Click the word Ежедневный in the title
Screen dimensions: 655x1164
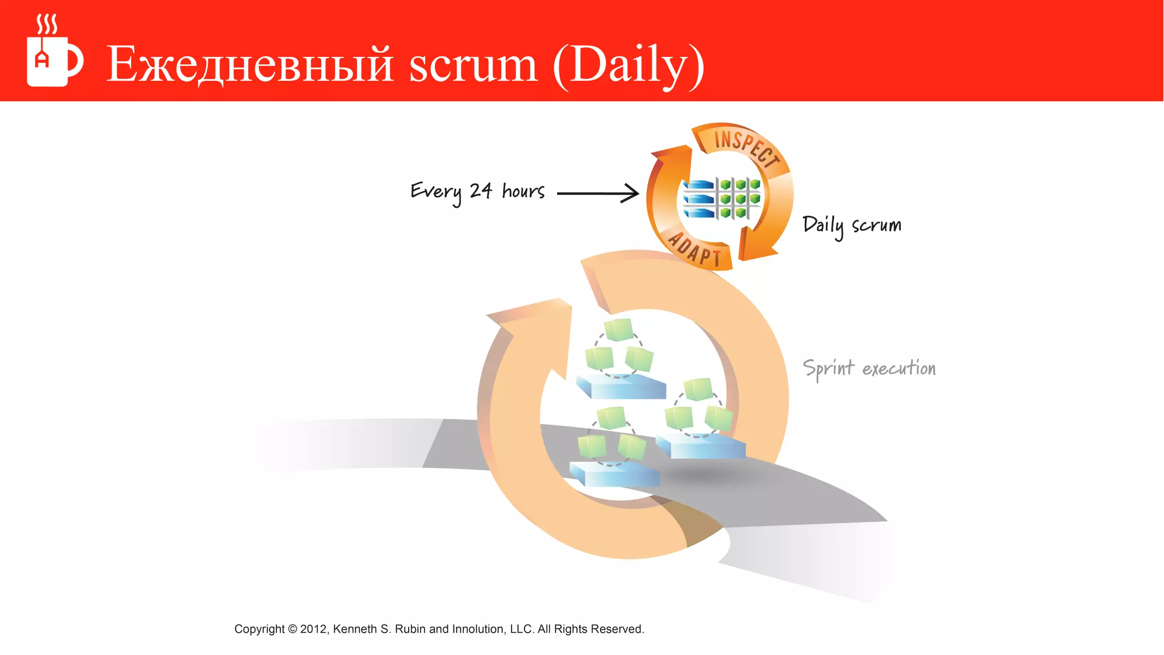point(250,64)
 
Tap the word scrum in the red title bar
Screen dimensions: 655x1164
point(473,64)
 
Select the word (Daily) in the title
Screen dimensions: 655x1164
point(629,65)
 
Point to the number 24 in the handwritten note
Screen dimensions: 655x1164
point(481,191)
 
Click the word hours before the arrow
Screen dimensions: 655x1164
point(523,191)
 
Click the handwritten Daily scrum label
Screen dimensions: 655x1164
point(851,226)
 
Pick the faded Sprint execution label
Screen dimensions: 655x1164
point(868,368)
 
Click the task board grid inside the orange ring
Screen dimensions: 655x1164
point(722,198)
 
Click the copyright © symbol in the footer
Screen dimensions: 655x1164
point(292,629)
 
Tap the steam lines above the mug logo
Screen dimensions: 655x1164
point(47,24)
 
